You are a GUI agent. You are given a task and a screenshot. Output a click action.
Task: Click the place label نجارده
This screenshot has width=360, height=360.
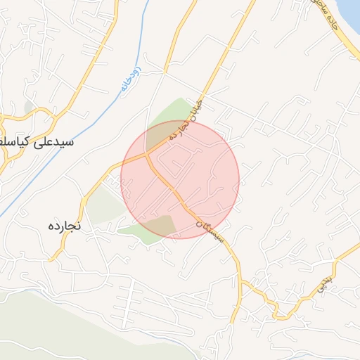click(64, 226)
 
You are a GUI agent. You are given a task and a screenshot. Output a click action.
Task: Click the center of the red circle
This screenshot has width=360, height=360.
click(180, 179)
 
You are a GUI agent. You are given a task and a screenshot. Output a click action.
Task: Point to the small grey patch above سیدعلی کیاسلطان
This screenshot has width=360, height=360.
click(29, 107)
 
